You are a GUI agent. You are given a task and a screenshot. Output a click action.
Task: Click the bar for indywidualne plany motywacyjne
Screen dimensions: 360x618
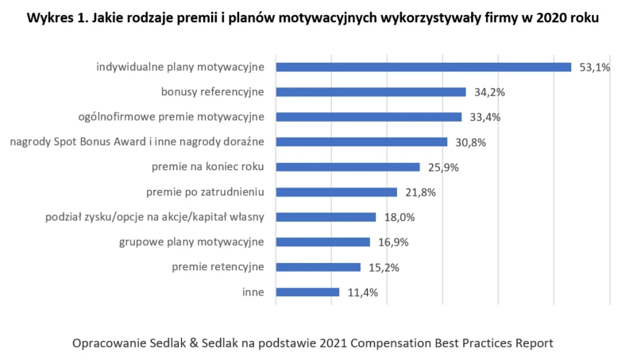click(x=423, y=67)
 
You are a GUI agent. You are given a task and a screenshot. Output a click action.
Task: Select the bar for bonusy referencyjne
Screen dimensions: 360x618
click(x=370, y=92)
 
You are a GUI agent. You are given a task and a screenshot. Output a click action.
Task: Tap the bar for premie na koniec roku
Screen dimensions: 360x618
click(x=347, y=167)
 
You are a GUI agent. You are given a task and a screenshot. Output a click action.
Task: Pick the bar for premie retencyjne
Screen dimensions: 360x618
click(x=318, y=267)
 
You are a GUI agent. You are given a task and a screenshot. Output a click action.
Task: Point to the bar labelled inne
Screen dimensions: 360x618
click(x=307, y=292)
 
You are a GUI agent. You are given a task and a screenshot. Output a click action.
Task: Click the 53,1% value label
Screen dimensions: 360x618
click(x=594, y=68)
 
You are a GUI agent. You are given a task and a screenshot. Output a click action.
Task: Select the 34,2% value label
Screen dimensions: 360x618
click(x=489, y=92)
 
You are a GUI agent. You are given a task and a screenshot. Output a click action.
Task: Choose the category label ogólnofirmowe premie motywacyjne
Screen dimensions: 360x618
click(x=171, y=117)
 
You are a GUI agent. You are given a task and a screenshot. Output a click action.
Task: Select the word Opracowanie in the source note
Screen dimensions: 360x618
click(x=110, y=343)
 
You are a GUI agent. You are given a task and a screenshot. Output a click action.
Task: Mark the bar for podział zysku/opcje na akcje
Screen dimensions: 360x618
click(x=326, y=217)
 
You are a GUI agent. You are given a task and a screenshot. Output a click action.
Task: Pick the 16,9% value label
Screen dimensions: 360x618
click(x=393, y=242)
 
